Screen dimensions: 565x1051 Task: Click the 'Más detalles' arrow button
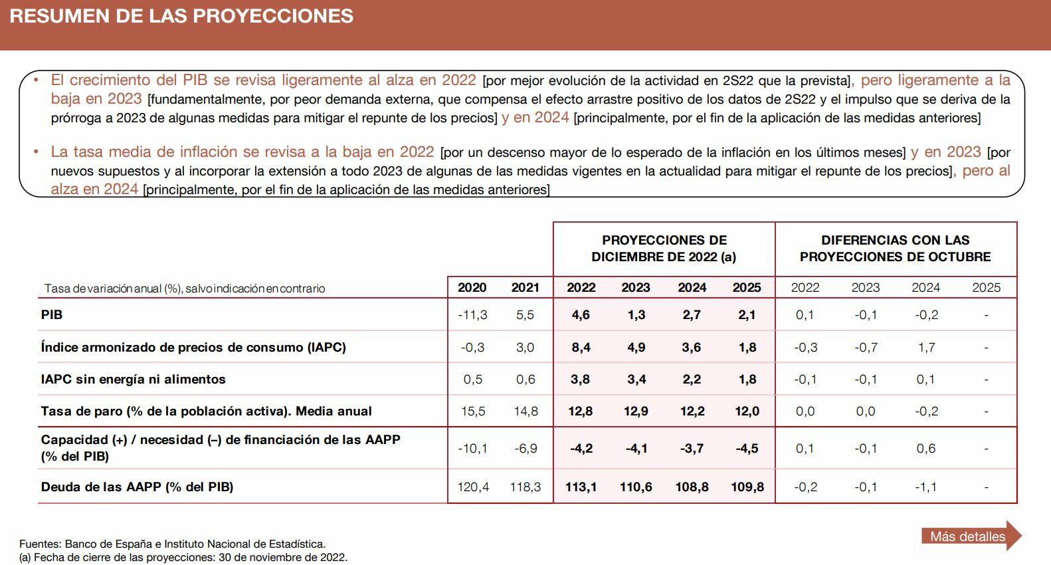click(x=969, y=536)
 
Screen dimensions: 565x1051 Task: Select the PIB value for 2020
click(x=472, y=315)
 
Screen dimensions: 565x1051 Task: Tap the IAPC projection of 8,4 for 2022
click(x=581, y=347)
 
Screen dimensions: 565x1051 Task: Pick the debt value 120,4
click(x=473, y=487)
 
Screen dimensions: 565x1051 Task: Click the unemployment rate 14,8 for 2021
click(x=525, y=411)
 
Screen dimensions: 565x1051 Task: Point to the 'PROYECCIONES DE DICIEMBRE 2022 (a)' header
click(x=664, y=249)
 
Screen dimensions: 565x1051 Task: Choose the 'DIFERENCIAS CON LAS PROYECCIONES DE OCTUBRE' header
click(x=895, y=249)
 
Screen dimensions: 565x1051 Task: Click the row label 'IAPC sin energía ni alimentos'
click(x=134, y=380)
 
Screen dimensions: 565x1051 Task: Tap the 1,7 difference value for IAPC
click(x=926, y=347)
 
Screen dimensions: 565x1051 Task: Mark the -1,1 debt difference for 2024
click(x=925, y=487)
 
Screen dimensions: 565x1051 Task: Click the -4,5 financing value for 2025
click(x=747, y=449)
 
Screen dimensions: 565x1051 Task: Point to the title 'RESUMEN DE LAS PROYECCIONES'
click(x=181, y=16)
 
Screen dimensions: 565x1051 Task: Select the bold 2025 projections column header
click(x=747, y=288)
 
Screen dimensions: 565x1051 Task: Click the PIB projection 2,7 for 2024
click(x=692, y=315)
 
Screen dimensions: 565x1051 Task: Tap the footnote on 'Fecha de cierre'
click(x=183, y=557)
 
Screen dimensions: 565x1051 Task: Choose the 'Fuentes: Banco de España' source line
click(x=173, y=544)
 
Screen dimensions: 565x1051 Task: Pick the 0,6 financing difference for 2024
click(x=926, y=449)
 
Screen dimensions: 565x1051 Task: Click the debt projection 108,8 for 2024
click(x=692, y=487)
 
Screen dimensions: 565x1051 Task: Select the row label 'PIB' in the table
click(x=52, y=315)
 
